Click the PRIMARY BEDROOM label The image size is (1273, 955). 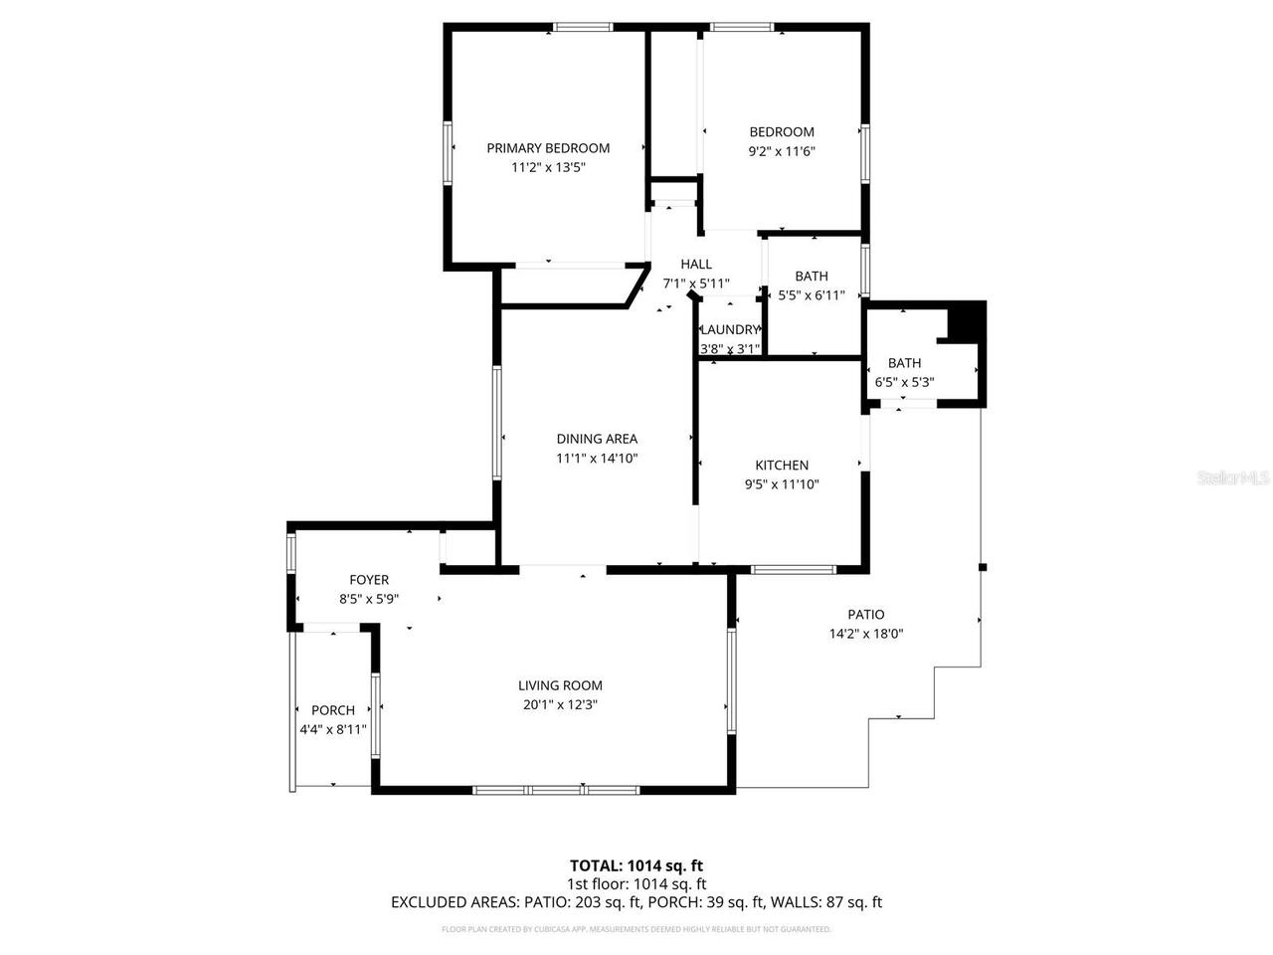pyautogui.click(x=548, y=148)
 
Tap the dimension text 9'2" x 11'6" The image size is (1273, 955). pyautogui.click(x=782, y=151)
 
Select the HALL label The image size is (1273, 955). pyautogui.click(x=696, y=264)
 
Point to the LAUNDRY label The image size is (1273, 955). pyautogui.click(x=731, y=330)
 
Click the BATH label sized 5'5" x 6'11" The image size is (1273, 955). pyautogui.click(x=812, y=277)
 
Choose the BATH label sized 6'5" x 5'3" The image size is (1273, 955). pyautogui.click(x=904, y=363)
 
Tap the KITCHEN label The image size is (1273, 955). pyautogui.click(x=782, y=465)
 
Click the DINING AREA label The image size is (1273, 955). pyautogui.click(x=597, y=439)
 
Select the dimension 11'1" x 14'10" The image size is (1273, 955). pyautogui.click(x=597, y=459)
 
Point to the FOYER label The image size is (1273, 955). pyautogui.click(x=369, y=580)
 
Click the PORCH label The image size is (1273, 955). pyautogui.click(x=333, y=710)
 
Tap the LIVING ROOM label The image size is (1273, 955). pyautogui.click(x=560, y=685)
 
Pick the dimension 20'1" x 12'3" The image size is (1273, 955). pyautogui.click(x=560, y=704)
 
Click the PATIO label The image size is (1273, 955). pyautogui.click(x=865, y=615)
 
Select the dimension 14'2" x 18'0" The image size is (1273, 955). pyautogui.click(x=865, y=634)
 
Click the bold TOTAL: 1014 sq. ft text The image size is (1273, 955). pyautogui.click(x=636, y=865)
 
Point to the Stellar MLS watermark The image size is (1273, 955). pyautogui.click(x=1234, y=477)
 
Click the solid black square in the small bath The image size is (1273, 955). pyautogui.click(x=965, y=321)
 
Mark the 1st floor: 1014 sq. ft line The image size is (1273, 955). pyautogui.click(x=636, y=883)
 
